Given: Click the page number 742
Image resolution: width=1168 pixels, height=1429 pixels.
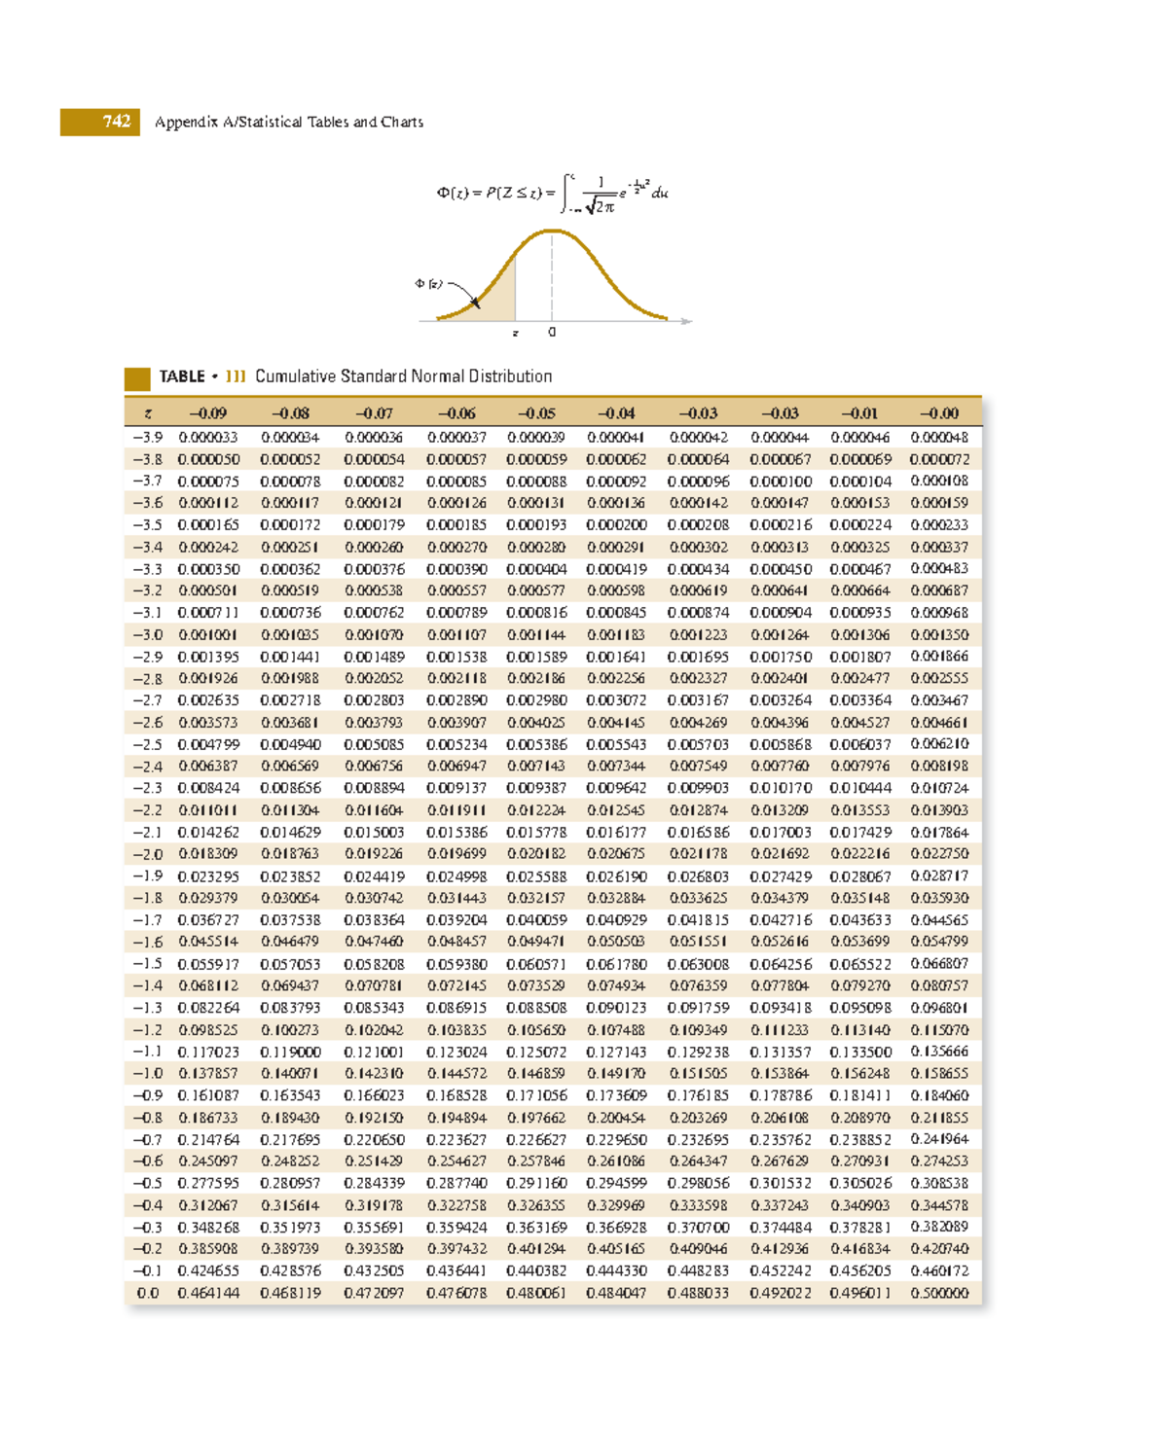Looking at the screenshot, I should (116, 122).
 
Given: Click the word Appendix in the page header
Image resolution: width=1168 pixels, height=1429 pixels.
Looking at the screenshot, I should (186, 123).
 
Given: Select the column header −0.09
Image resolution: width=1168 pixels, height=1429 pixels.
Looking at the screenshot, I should (207, 413).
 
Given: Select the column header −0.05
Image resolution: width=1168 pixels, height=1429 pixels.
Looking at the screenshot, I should (536, 413).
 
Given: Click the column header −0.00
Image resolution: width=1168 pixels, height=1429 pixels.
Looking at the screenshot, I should (939, 413).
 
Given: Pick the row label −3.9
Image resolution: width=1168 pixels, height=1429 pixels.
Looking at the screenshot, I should (148, 438).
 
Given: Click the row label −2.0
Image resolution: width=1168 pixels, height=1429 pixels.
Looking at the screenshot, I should (148, 854).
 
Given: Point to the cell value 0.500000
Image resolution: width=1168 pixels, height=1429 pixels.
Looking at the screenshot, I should (939, 1293).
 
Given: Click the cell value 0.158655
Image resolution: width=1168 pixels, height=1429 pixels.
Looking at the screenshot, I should (939, 1073).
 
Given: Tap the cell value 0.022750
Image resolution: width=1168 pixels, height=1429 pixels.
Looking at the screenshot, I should (939, 853).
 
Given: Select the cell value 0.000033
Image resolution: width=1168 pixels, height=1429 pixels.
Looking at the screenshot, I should (207, 438).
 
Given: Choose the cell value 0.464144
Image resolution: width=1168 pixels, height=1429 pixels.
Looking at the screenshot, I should (207, 1293).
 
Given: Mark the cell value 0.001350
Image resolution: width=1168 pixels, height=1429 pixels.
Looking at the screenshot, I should (939, 634).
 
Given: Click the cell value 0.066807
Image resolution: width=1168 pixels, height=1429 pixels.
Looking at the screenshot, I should (939, 963).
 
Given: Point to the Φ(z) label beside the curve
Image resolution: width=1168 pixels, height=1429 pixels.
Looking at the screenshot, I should (428, 284).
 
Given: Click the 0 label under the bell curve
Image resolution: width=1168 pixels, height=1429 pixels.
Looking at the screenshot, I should (552, 333).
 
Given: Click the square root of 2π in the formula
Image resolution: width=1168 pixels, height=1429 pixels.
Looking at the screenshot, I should (601, 206).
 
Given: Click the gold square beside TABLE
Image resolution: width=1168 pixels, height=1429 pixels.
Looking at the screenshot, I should (137, 377).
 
